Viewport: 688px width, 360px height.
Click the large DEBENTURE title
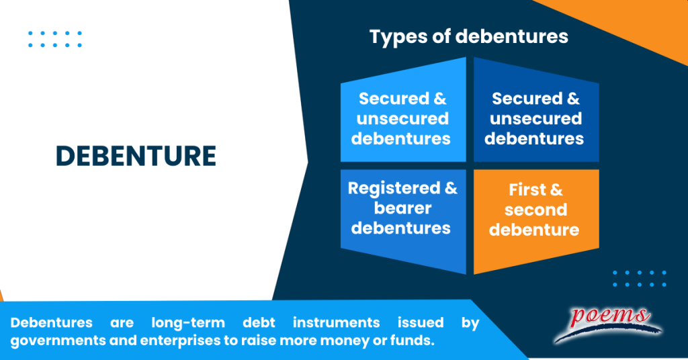pyautogui.click(x=136, y=156)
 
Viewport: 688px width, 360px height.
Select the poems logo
pyautogui.click(x=609, y=320)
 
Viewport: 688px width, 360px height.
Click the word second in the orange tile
pyautogui.click(x=535, y=210)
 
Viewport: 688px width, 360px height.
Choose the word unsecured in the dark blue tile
pyautogui.click(x=535, y=119)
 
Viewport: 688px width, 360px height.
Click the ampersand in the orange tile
pyautogui.click(x=556, y=189)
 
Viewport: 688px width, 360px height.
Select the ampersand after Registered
pyautogui.click(x=451, y=188)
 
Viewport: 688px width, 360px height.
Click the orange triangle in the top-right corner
pyautogui.click(x=645, y=20)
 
